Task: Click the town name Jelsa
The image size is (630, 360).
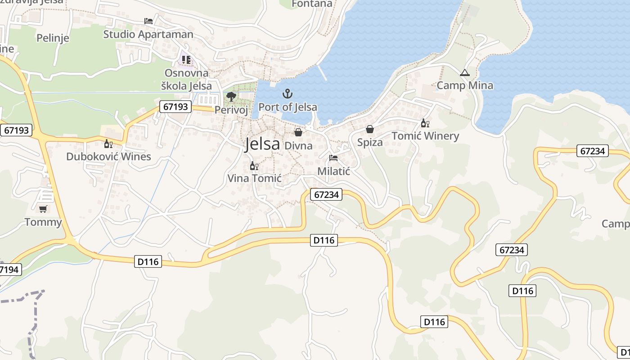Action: pos(263,144)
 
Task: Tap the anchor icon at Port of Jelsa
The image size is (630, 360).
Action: pos(287,94)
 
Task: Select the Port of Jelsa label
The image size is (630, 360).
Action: pos(288,107)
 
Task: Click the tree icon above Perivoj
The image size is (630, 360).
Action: pos(231,96)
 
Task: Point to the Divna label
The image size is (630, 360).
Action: pos(298,145)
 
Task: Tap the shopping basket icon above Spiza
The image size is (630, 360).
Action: pos(369,130)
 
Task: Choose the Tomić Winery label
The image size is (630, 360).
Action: pos(425,136)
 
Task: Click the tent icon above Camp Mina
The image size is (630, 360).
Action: pos(464,72)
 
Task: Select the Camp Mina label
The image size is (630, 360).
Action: pos(465,85)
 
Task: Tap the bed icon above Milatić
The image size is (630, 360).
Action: pos(333,157)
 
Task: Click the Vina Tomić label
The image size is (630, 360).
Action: pos(254,178)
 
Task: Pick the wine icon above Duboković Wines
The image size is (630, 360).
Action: pos(108,144)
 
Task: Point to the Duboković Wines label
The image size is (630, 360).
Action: pos(108,157)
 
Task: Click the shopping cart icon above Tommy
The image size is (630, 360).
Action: pos(43,209)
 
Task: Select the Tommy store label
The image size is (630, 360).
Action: pos(43,222)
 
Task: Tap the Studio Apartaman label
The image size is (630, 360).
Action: pos(148,34)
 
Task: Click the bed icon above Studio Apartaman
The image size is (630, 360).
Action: pos(148,21)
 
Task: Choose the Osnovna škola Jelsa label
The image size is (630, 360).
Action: pos(186,79)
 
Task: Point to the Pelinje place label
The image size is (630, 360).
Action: pos(53,38)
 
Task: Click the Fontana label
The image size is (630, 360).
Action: pos(312,4)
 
